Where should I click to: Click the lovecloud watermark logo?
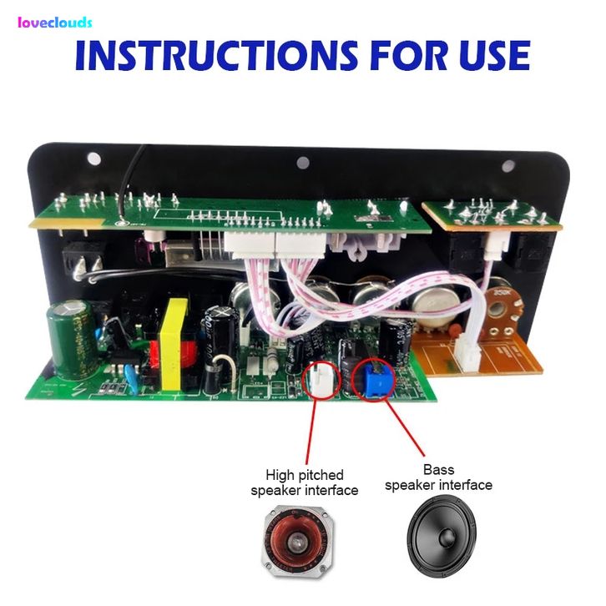[x=54, y=23]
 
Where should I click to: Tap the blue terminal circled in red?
[x=372, y=381]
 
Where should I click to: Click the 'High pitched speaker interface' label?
[x=305, y=482]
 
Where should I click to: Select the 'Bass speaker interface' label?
[x=438, y=477]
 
